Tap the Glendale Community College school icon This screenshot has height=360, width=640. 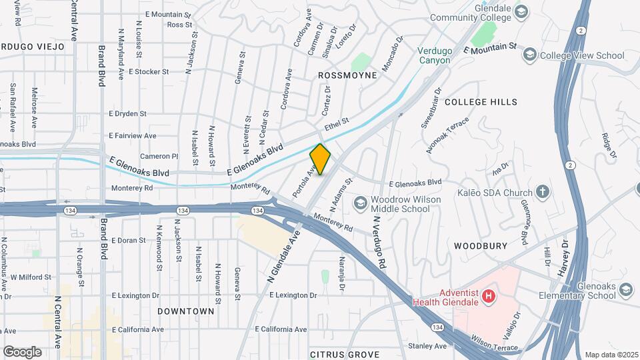[521, 11]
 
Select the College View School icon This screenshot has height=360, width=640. [530, 55]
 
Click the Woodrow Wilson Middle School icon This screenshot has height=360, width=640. [361, 202]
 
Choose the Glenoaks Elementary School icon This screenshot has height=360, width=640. [626, 289]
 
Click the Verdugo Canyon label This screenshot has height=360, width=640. [435, 55]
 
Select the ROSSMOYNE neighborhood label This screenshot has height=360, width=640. [347, 75]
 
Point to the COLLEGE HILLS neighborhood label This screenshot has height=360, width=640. [480, 102]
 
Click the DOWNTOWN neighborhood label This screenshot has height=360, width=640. [186, 311]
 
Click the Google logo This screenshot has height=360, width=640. [22, 351]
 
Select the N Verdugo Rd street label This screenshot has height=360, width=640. [380, 242]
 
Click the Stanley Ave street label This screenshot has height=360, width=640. [427, 346]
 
